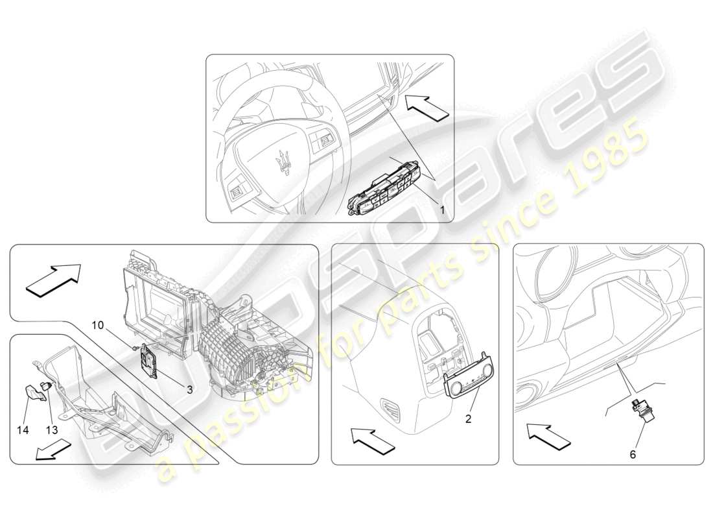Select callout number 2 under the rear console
click(468, 419)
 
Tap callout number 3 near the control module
click(189, 390)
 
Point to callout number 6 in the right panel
click(633, 455)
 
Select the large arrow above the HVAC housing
click(54, 280)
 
